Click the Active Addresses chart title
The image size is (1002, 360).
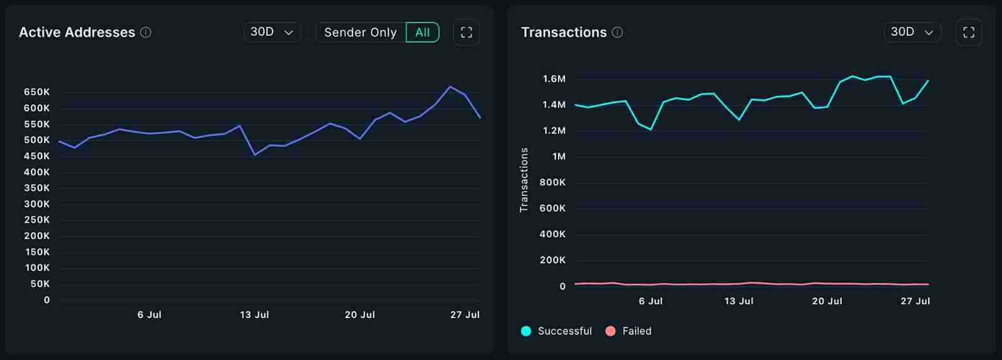click(77, 33)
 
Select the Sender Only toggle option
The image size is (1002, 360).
click(360, 33)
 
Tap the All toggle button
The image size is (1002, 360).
click(423, 33)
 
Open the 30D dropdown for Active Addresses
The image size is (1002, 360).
click(272, 32)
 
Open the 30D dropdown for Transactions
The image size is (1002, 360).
click(912, 32)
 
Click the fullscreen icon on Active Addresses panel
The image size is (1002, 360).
click(466, 33)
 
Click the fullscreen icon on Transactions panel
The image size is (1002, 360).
click(968, 33)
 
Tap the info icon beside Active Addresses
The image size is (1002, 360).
click(146, 33)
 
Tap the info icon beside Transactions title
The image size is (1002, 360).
click(617, 33)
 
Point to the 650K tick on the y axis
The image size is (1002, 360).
click(37, 92)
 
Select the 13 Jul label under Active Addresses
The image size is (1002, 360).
click(254, 315)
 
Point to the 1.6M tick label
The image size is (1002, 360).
click(554, 79)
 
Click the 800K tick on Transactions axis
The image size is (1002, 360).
click(552, 182)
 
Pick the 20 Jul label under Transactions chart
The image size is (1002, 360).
click(827, 301)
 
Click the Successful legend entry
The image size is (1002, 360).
click(557, 331)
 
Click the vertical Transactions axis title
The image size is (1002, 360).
click(524, 180)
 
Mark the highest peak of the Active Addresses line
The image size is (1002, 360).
click(450, 86)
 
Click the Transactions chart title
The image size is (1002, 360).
click(564, 33)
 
